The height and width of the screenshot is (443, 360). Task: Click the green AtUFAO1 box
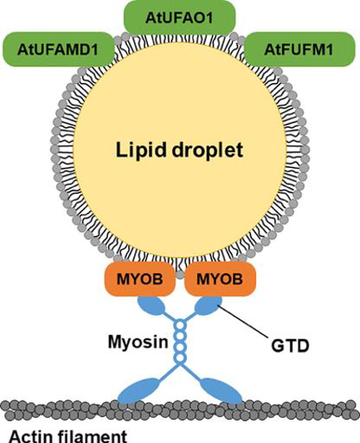point(180,17)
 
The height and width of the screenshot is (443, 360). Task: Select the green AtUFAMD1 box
point(57,49)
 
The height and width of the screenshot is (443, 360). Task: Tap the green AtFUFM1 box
point(298,49)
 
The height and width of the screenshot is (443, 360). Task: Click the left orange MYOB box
point(140,279)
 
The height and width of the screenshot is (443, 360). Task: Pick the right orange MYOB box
point(219,279)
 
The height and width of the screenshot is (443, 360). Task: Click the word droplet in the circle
point(207,150)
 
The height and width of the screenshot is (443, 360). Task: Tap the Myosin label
point(138,342)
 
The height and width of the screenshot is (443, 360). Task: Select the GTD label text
point(290,346)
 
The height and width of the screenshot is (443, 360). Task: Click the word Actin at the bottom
point(32,436)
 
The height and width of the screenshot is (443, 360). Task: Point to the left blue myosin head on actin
point(139,391)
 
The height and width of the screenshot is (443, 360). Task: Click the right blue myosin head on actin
point(221,391)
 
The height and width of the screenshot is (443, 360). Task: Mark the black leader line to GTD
point(243,322)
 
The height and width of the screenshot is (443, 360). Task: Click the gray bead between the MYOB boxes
point(180,274)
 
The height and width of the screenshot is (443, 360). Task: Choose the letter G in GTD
point(278,346)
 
